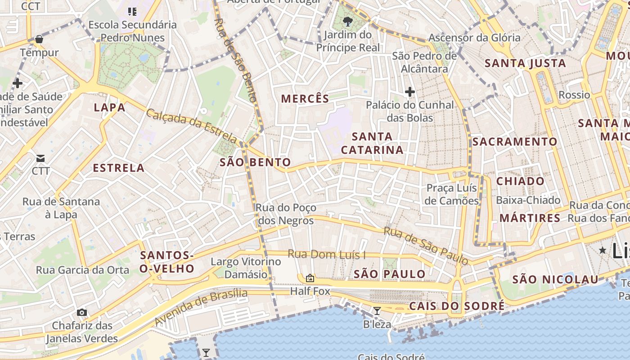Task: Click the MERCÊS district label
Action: pos(305,99)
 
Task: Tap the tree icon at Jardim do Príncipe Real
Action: pos(347,21)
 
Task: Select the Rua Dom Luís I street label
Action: pos(326,255)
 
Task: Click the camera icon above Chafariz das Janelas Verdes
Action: pos(82,312)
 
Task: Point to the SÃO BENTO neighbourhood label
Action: pos(255,162)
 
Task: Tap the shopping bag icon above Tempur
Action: pos(39,40)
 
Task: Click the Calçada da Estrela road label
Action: pos(191,126)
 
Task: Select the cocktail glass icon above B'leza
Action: pos(377,310)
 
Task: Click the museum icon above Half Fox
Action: pos(310,278)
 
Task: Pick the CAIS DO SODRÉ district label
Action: pos(457,306)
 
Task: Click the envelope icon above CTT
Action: pos(40,158)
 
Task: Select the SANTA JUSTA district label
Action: pos(525,63)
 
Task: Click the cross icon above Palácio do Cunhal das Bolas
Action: pos(409,92)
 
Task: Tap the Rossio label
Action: pos(574,95)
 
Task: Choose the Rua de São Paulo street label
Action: pos(425,246)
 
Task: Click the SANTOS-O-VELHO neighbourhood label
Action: pos(167,262)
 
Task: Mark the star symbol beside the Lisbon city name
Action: pos(603,250)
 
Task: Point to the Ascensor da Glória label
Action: pos(474,38)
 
